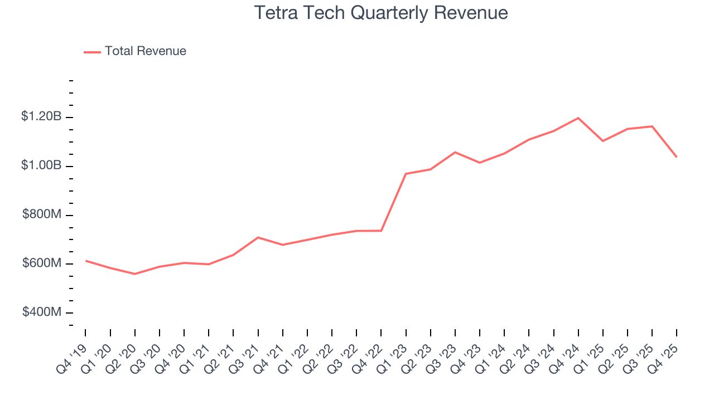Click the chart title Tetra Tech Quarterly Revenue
click(x=381, y=13)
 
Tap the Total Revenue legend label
click(x=145, y=51)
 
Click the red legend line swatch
click(x=92, y=52)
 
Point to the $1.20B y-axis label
click(x=41, y=117)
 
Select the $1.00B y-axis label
click(x=41, y=166)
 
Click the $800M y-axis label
click(x=42, y=215)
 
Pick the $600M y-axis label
click(x=42, y=263)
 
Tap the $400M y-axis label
click(x=42, y=312)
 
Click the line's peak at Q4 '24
click(x=578, y=118)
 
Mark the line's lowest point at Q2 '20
click(x=135, y=274)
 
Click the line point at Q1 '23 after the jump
click(x=406, y=174)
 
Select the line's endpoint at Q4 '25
click(x=677, y=157)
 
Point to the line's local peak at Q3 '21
click(x=258, y=237)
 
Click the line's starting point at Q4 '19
click(x=86, y=261)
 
